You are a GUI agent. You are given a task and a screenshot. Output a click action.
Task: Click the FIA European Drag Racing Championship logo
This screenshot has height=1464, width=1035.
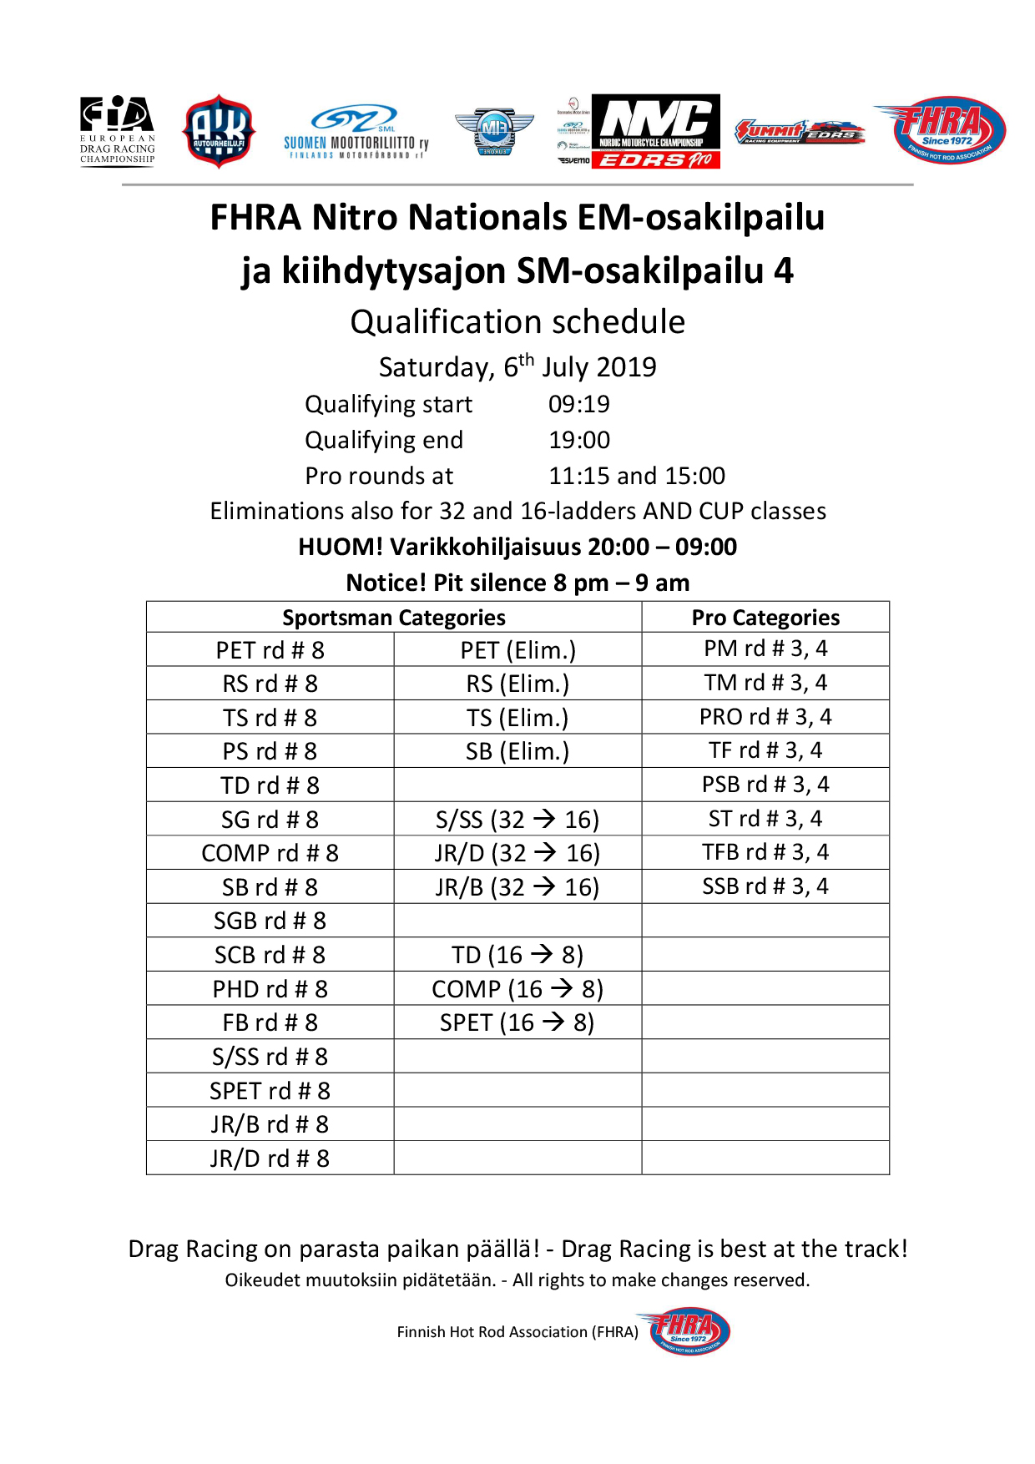pyautogui.click(x=117, y=131)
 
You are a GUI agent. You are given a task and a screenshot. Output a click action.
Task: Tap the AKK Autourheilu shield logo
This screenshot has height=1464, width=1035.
pyautogui.click(x=219, y=132)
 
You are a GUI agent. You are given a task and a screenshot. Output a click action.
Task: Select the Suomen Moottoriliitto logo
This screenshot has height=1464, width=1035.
pyautogui.click(x=356, y=132)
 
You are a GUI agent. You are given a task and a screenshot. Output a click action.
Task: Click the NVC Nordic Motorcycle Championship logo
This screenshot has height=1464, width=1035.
pyautogui.click(x=655, y=131)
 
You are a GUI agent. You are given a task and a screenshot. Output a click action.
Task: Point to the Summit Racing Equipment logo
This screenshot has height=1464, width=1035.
pyautogui.click(x=799, y=132)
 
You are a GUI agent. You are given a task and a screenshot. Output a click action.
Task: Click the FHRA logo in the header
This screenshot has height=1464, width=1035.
pyautogui.click(x=940, y=129)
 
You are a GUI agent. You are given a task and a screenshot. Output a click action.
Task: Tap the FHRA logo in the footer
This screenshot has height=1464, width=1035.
pyautogui.click(x=689, y=1331)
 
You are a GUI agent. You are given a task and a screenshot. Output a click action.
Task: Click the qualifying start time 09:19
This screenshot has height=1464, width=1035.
pyautogui.click(x=578, y=405)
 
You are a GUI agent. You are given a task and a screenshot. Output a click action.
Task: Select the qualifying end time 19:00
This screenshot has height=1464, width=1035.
pyautogui.click(x=578, y=441)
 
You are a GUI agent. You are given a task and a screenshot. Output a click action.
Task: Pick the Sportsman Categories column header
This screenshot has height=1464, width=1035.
pyautogui.click(x=393, y=618)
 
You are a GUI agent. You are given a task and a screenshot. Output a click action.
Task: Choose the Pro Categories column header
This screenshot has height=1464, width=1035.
pyautogui.click(x=765, y=618)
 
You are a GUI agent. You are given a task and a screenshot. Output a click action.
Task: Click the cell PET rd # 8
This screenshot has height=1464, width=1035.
pyautogui.click(x=270, y=650)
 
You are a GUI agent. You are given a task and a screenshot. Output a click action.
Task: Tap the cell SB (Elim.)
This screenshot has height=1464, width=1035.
pyautogui.click(x=517, y=751)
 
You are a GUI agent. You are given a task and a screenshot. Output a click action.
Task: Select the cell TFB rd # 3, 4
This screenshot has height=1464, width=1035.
pyautogui.click(x=765, y=852)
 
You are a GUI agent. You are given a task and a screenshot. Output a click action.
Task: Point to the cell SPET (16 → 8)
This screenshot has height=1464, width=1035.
pyautogui.click(x=517, y=1022)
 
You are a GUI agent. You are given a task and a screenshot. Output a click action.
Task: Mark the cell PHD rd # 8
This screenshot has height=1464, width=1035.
pyautogui.click(x=270, y=989)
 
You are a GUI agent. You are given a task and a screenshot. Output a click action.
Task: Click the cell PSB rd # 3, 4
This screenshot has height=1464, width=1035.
pyautogui.click(x=765, y=785)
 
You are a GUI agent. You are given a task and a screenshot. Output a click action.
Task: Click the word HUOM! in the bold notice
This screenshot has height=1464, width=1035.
pyautogui.click(x=341, y=548)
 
